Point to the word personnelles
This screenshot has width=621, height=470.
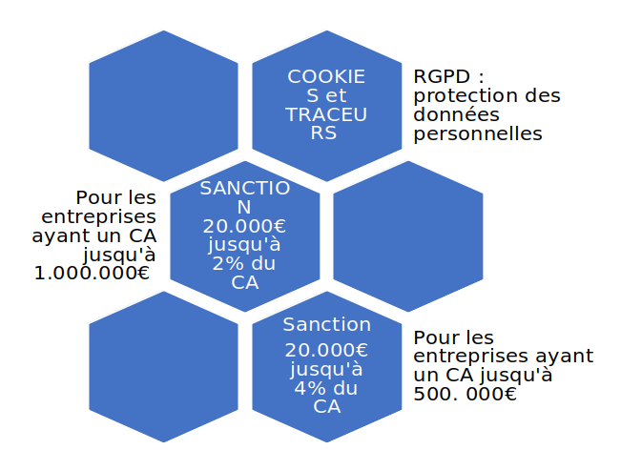pyautogui.click(x=478, y=133)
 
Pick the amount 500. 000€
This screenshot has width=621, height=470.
pyautogui.click(x=466, y=394)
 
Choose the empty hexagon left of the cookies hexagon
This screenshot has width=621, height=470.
pyautogui.click(x=163, y=106)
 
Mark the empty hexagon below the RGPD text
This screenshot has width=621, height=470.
pyautogui.click(x=407, y=235)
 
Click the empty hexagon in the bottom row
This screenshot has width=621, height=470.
pyautogui.click(x=163, y=366)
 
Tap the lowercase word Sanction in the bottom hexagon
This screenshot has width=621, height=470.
pyautogui.click(x=326, y=325)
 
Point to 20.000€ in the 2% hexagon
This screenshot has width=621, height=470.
pyautogui.click(x=244, y=226)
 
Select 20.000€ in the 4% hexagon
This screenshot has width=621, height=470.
pyautogui.click(x=326, y=350)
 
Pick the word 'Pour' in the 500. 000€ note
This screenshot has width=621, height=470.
pyautogui.click(x=435, y=337)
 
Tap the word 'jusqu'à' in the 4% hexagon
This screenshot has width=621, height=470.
pyautogui.click(x=326, y=369)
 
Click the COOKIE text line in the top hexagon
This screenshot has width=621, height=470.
pyautogui.click(x=326, y=76)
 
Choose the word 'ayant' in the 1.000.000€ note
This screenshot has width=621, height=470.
pyautogui.click(x=63, y=235)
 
